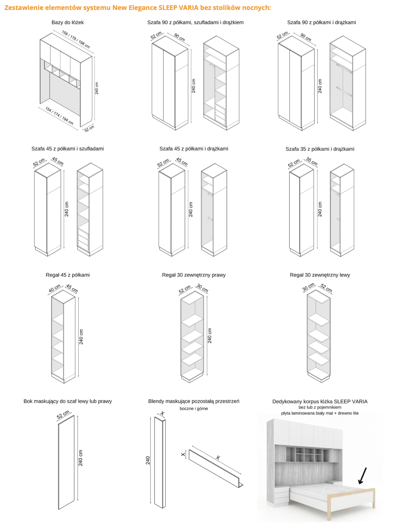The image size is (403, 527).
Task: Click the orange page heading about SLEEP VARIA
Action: pos(137,8)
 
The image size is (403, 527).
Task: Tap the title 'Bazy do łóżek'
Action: pos(68,22)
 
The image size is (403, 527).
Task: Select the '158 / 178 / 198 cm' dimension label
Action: pos(76,40)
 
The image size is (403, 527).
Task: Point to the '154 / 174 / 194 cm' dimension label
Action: pos(59,116)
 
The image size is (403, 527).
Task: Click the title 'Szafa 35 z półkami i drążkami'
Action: pos(320,149)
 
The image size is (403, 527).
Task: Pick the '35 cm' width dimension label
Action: pos(312,161)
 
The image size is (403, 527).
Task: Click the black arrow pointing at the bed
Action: pos(363,475)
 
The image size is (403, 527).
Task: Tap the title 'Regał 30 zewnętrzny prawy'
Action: pos(194,275)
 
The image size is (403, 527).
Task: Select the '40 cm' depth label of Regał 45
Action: pos(55,288)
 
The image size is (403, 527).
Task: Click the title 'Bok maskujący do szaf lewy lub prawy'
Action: pos(68,401)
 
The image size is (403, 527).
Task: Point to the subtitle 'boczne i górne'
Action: pos(194,408)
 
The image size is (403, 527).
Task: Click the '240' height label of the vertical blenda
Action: pos(148,460)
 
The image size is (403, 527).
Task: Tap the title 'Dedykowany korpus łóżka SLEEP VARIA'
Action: pos(320,401)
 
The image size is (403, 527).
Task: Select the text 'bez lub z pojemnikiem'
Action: pos(320,407)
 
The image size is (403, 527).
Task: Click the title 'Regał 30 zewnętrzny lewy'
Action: pos(320,275)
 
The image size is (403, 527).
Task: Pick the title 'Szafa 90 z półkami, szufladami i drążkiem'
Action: pos(195,22)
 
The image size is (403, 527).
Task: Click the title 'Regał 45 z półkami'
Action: pos(68,275)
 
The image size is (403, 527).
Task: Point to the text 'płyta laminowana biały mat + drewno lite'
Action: pos(320,413)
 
